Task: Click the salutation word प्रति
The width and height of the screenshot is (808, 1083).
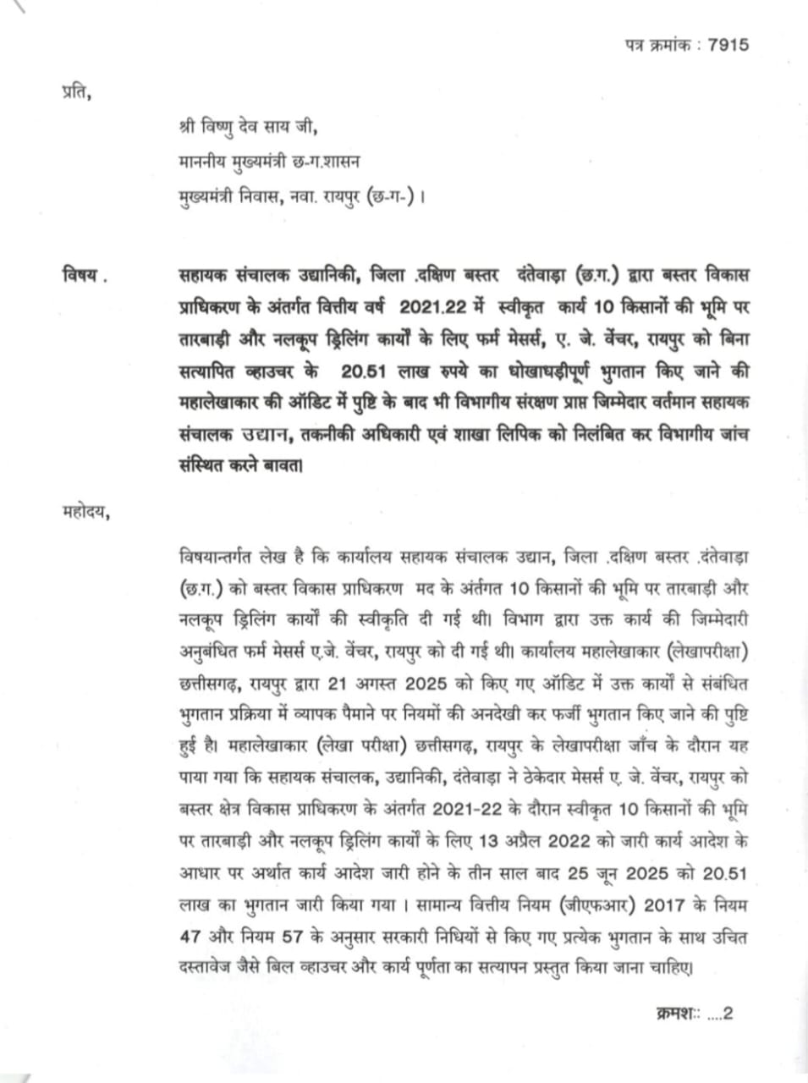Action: click(75, 91)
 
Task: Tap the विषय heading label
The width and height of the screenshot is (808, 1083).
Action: click(83, 276)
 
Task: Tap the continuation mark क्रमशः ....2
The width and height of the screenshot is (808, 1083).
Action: click(693, 1013)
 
